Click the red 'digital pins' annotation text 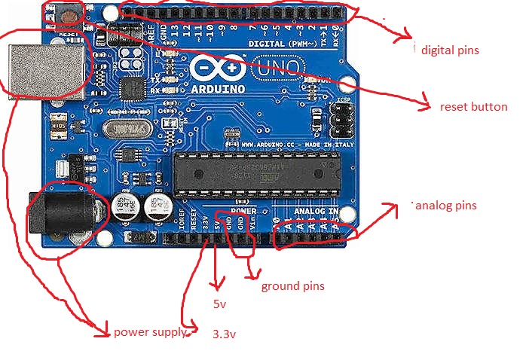coord(450,50)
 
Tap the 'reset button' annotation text coord(473,107)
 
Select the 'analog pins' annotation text coord(445,205)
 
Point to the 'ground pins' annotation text coord(292,286)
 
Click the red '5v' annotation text coord(220,304)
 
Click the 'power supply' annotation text coord(149,331)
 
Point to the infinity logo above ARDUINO coord(219,69)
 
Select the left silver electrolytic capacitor coord(124,208)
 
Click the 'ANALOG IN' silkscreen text coord(316,212)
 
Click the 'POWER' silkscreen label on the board coord(243,212)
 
